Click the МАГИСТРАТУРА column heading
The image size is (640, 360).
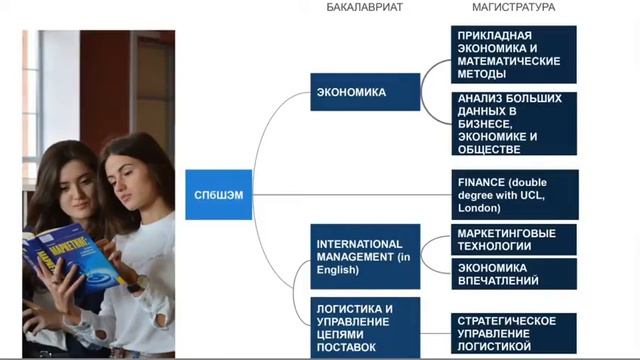[513, 7]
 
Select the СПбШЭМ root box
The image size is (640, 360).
[215, 193]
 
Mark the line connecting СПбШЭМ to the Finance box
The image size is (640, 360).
[350, 194]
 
